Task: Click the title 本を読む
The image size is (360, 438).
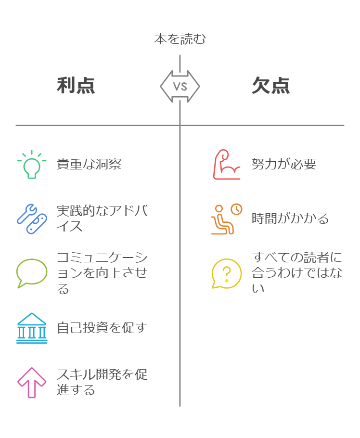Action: pos(180,39)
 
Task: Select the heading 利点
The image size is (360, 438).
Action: pos(76,86)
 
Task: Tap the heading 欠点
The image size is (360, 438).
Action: pos(271,86)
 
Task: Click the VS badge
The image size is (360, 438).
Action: pos(180,87)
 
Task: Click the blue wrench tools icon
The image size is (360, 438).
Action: pos(32,219)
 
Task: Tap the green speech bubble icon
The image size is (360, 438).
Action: pos(32,273)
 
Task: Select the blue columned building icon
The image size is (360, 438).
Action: pos(32,328)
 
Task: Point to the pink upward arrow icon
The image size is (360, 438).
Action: pos(32,382)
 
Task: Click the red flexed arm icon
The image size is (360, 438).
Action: pos(227,165)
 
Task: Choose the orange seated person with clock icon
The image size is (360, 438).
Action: pos(227,219)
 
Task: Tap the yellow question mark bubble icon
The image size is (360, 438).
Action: pos(227,273)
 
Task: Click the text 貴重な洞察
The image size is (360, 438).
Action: pos(89,164)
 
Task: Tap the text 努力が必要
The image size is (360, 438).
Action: pos(284,164)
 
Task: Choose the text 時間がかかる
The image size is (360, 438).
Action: pos(290,219)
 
